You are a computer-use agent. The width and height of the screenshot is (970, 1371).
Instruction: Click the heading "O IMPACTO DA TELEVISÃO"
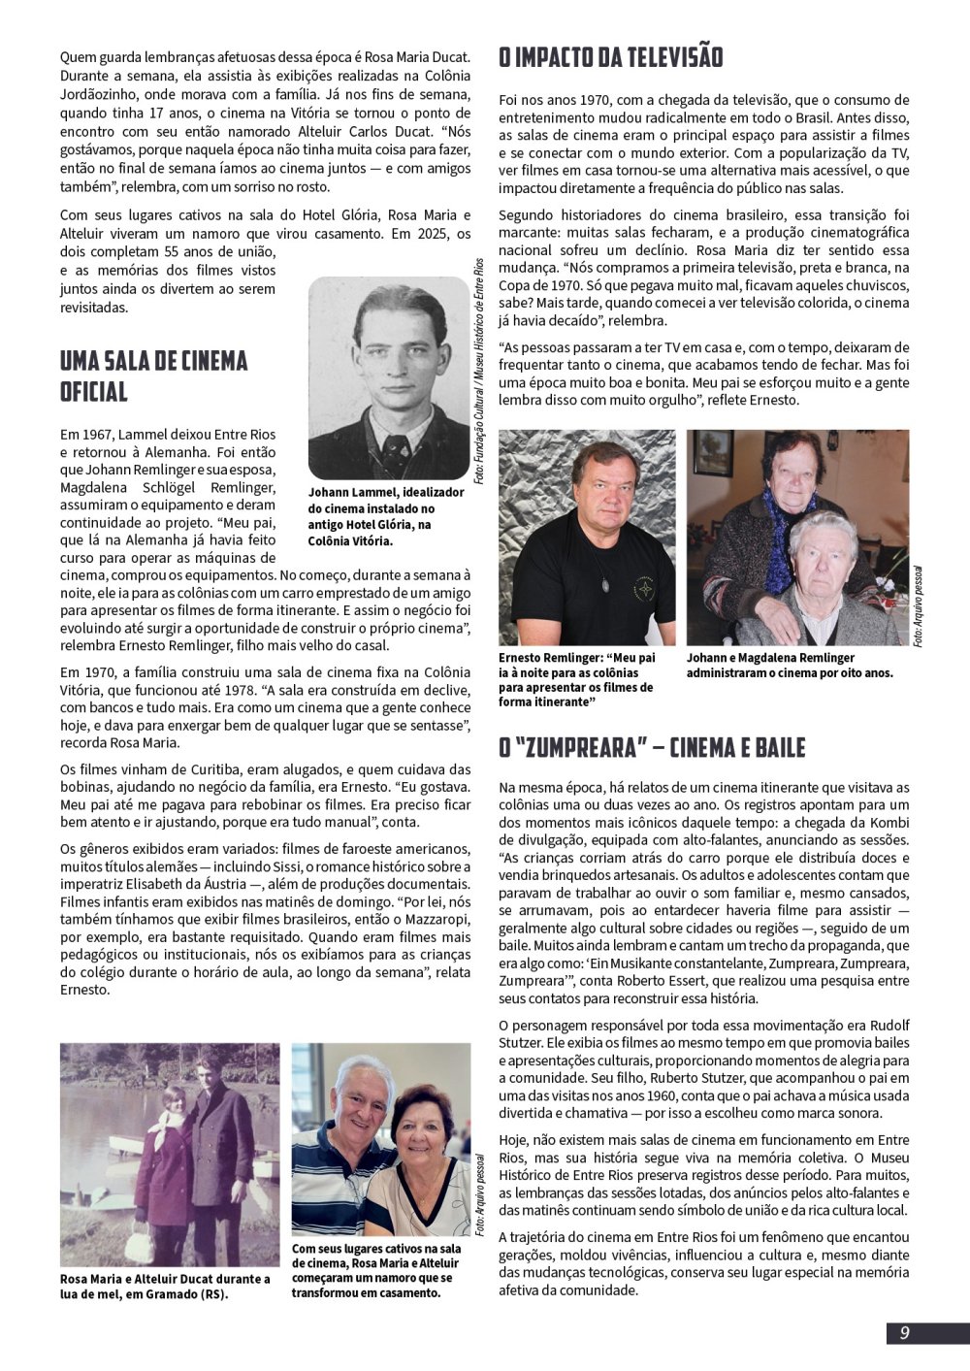coord(610,57)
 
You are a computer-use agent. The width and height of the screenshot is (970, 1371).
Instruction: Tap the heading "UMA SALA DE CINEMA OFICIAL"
coord(153,376)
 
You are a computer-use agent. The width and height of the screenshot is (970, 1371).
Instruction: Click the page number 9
coord(904,1332)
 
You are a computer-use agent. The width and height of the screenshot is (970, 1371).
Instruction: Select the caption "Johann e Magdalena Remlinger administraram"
coord(790,665)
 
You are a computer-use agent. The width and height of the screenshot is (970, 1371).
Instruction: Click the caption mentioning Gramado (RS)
coord(165,1286)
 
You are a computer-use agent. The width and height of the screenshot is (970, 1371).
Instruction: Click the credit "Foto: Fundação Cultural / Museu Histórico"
coord(479,372)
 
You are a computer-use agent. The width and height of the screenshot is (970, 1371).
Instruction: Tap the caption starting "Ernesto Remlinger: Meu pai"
coord(576,678)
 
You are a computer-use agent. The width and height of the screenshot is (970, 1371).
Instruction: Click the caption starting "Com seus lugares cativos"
coord(375,1270)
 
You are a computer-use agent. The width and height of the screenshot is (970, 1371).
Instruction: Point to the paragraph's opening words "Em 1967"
coord(81,435)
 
